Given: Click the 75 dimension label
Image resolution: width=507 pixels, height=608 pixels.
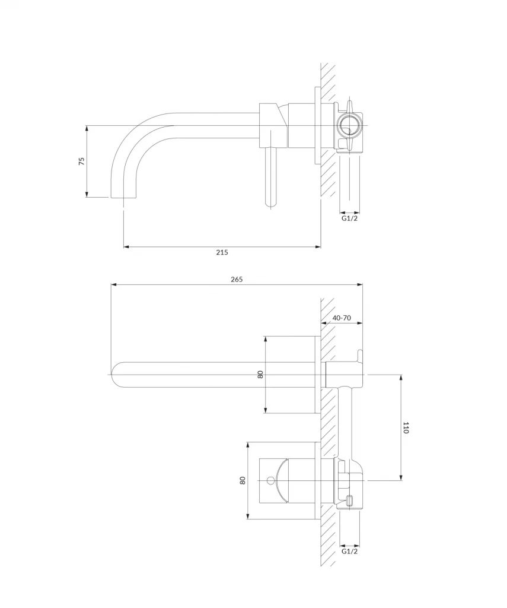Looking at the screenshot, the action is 82,161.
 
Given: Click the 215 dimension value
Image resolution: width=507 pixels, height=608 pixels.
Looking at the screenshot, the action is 222,252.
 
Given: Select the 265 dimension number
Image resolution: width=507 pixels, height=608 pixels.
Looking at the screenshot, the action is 237,279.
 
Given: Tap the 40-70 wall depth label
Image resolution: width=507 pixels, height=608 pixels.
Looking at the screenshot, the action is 342,318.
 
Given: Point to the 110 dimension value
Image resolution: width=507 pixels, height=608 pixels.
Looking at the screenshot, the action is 406,427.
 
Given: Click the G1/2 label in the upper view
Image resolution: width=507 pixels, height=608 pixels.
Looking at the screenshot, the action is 349,218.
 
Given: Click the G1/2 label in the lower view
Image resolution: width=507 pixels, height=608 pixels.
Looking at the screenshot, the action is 349,551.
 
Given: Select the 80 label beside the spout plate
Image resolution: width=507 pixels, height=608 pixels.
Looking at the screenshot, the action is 260,375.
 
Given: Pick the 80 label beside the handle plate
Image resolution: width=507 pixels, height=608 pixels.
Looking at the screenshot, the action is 243,480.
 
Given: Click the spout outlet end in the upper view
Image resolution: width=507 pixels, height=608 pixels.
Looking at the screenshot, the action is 124,197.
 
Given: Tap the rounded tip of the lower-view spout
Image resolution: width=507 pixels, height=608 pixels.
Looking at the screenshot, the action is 112,375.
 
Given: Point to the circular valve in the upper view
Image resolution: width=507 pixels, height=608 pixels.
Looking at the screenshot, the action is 349,126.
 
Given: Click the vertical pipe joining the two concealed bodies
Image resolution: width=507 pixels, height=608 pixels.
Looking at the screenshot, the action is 346,422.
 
